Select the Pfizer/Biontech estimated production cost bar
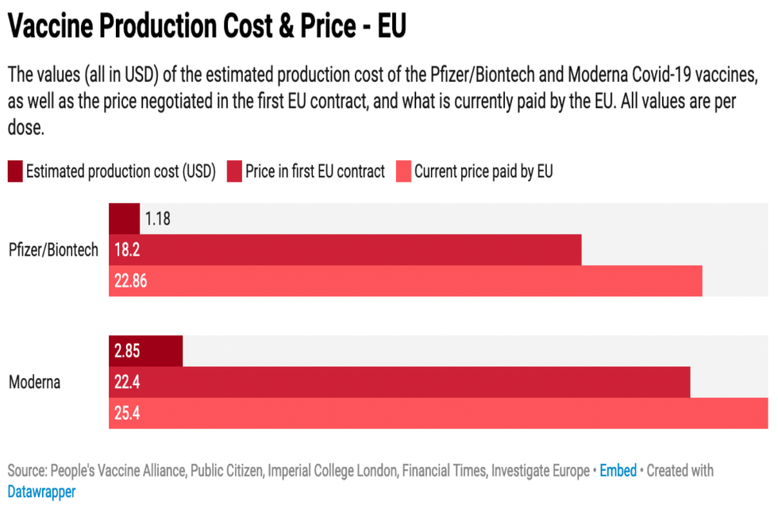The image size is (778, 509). [x=124, y=218]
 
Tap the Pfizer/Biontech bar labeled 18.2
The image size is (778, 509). [x=345, y=250]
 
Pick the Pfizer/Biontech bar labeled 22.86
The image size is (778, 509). [x=406, y=281]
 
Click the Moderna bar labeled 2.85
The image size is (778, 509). [x=146, y=351]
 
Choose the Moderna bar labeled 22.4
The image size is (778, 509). [x=399, y=382]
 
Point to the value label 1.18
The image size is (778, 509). [x=158, y=219]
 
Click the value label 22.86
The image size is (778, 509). [x=130, y=281]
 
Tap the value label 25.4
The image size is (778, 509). [x=127, y=413]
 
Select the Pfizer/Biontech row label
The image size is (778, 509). [x=54, y=250]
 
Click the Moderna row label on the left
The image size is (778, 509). [x=34, y=382]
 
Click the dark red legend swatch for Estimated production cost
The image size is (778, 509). [x=15, y=171]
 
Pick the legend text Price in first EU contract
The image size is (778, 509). [x=314, y=171]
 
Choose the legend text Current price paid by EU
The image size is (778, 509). [x=483, y=171]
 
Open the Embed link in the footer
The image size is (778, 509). [x=618, y=470]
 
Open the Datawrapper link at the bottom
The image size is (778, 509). [x=41, y=492]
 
